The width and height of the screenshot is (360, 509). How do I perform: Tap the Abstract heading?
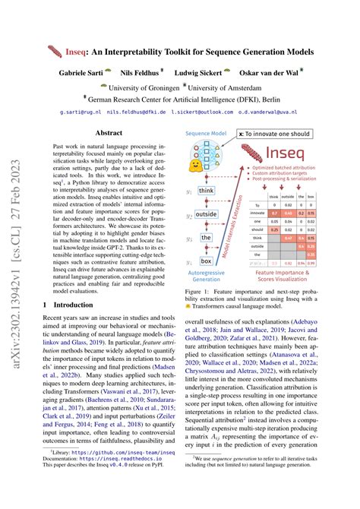109,132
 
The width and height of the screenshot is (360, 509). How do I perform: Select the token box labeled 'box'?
206,261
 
